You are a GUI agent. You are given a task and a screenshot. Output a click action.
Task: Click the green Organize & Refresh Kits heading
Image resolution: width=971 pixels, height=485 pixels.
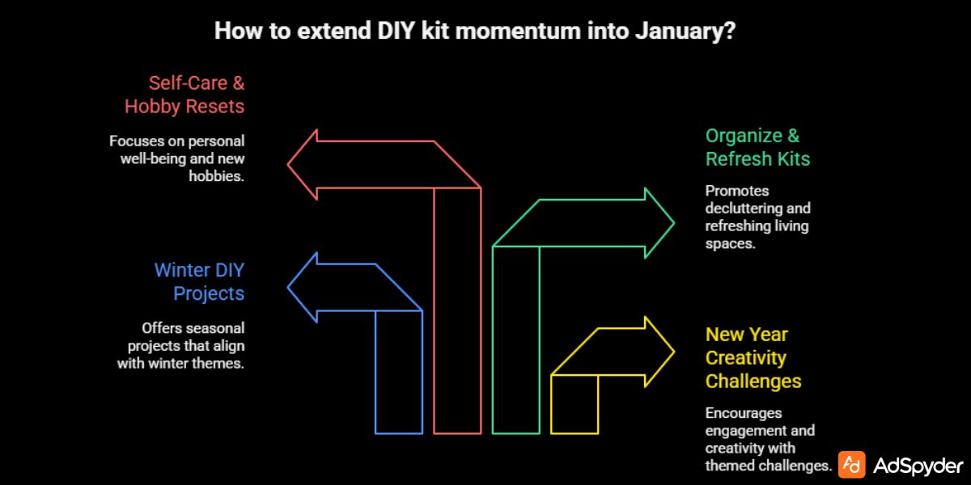click(x=757, y=147)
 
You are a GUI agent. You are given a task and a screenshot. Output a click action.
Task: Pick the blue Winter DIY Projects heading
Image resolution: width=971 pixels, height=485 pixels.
click(x=199, y=280)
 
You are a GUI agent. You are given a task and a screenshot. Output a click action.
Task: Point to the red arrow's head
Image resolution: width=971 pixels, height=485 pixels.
click(x=304, y=164)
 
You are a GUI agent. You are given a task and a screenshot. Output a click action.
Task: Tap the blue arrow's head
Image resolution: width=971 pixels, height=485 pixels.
click(x=303, y=287)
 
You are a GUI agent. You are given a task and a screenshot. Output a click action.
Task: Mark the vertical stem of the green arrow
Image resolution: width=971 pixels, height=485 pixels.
click(x=515, y=339)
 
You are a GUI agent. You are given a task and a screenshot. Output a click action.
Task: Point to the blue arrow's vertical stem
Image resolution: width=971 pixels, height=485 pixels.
click(x=399, y=372)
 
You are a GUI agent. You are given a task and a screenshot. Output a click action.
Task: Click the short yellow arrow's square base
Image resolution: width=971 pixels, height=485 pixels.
click(x=575, y=404)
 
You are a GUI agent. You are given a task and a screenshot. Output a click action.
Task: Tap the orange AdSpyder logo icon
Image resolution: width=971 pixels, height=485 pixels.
click(x=852, y=465)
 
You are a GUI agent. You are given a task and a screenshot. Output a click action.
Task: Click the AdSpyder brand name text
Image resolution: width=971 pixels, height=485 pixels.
click(x=918, y=466)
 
